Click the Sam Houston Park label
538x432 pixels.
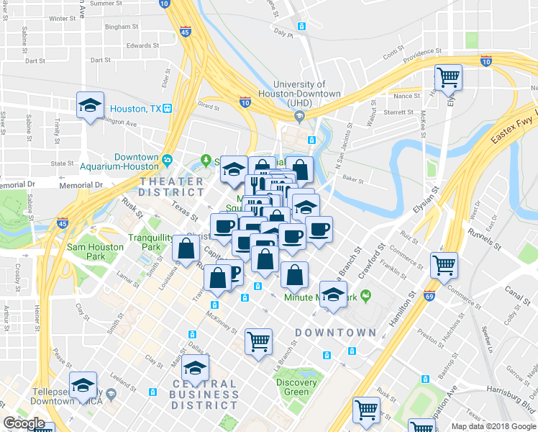click(86, 251)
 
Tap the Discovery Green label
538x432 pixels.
click(296, 387)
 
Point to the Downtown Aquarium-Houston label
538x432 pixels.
click(136, 162)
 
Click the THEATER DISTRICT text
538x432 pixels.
click(173, 186)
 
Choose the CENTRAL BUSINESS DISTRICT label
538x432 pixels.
click(205, 395)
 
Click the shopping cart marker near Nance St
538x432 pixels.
click(448, 76)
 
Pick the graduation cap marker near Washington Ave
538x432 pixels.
click(90, 104)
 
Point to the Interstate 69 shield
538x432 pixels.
click(429, 296)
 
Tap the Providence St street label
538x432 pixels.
click(422, 53)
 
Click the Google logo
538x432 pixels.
click(24, 423)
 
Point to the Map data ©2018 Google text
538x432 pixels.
click(493, 426)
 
